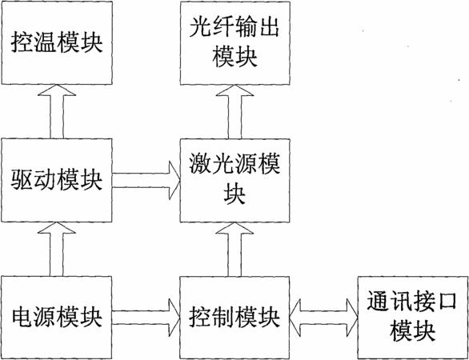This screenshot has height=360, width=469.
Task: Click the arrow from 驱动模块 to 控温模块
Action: [57, 112]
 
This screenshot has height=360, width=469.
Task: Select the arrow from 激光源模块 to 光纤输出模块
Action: [234, 112]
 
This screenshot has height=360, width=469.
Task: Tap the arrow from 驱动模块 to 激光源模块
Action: [146, 180]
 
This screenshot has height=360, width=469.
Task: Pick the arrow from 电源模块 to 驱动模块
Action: [57, 250]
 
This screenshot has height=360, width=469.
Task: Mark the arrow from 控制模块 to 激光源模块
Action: [234, 250]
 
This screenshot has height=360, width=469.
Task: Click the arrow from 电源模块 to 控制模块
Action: [146, 318]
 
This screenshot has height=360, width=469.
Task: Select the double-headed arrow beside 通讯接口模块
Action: [324, 318]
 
